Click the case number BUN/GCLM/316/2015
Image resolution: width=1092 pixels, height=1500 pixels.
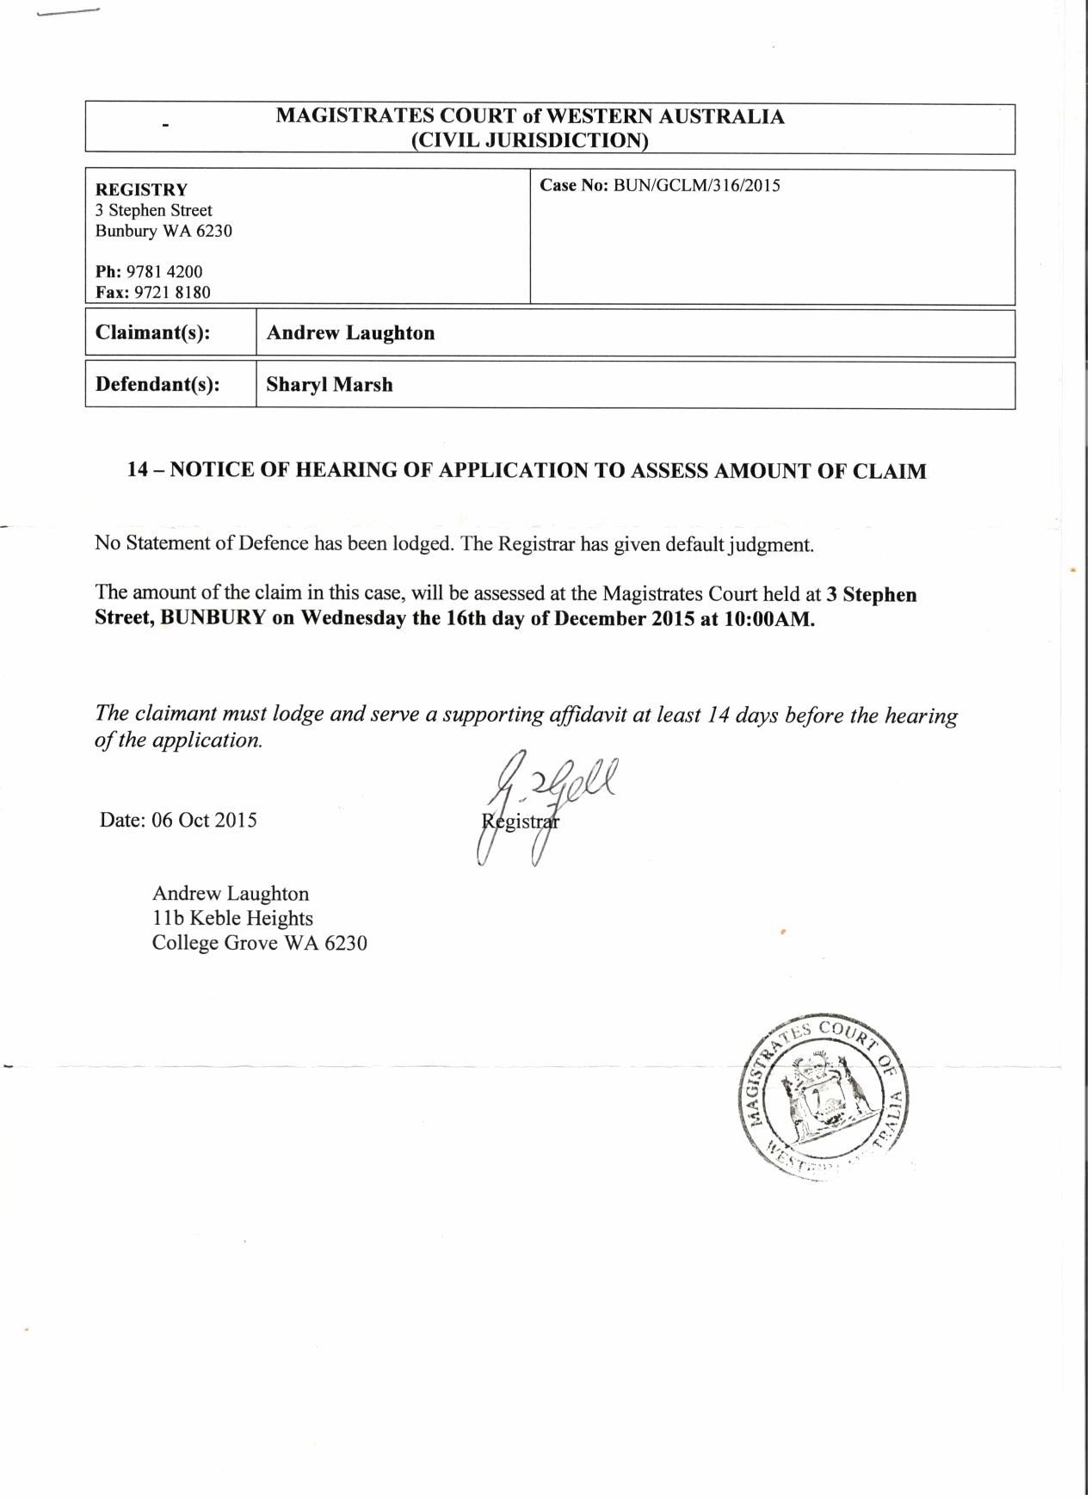pyautogui.click(x=697, y=186)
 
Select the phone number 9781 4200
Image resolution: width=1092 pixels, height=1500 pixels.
pyautogui.click(x=164, y=272)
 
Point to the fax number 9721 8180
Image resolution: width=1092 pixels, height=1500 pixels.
pyautogui.click(x=173, y=293)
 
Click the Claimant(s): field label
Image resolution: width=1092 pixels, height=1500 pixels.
pyautogui.click(x=153, y=333)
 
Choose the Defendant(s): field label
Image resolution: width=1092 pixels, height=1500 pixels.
pyautogui.click(x=157, y=385)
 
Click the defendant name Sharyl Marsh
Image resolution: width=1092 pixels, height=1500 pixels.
pyautogui.click(x=330, y=385)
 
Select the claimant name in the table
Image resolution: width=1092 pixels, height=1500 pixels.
pyautogui.click(x=350, y=333)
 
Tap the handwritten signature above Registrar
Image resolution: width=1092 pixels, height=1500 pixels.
pyautogui.click(x=551, y=796)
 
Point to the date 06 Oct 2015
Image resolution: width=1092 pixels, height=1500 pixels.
pyautogui.click(x=204, y=820)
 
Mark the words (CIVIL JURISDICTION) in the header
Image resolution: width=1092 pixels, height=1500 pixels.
pyautogui.click(x=529, y=140)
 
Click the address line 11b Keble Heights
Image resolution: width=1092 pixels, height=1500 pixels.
pyautogui.click(x=232, y=919)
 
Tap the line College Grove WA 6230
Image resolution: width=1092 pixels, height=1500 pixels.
pyautogui.click(x=259, y=944)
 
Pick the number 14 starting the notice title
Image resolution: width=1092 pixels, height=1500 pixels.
pyautogui.click(x=139, y=471)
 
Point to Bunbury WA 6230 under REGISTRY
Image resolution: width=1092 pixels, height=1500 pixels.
pyautogui.click(x=163, y=232)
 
